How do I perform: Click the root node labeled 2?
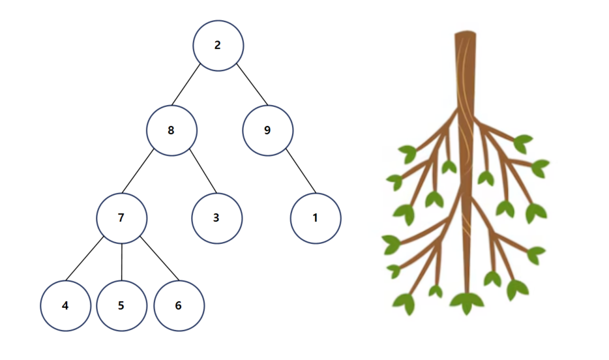pyautogui.click(x=218, y=46)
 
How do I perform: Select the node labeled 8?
pyautogui.click(x=171, y=130)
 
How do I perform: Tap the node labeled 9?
pyautogui.click(x=267, y=130)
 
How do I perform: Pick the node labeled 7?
pyautogui.click(x=121, y=218)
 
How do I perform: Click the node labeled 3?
pyautogui.click(x=216, y=218)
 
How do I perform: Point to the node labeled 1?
pyautogui.click(x=316, y=218)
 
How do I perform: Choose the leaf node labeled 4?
pyautogui.click(x=65, y=306)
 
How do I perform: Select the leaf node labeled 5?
pyautogui.click(x=121, y=306)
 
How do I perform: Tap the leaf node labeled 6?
pyautogui.click(x=179, y=306)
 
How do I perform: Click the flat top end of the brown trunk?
pyautogui.click(x=465, y=35)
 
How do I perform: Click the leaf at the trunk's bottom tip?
pyautogui.click(x=467, y=303)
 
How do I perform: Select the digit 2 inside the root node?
pyautogui.click(x=218, y=46)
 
